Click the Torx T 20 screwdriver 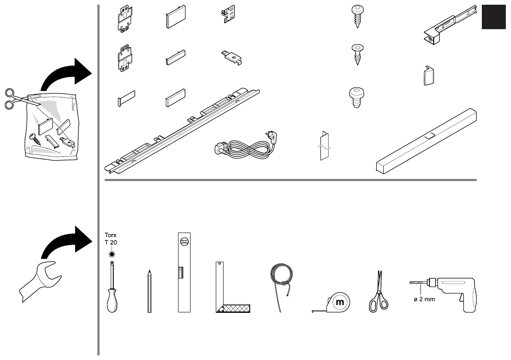[112, 292]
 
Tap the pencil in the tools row [149, 292]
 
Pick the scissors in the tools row [378, 292]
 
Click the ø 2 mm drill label [424, 299]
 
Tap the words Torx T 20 [111, 239]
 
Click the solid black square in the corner [494, 18]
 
